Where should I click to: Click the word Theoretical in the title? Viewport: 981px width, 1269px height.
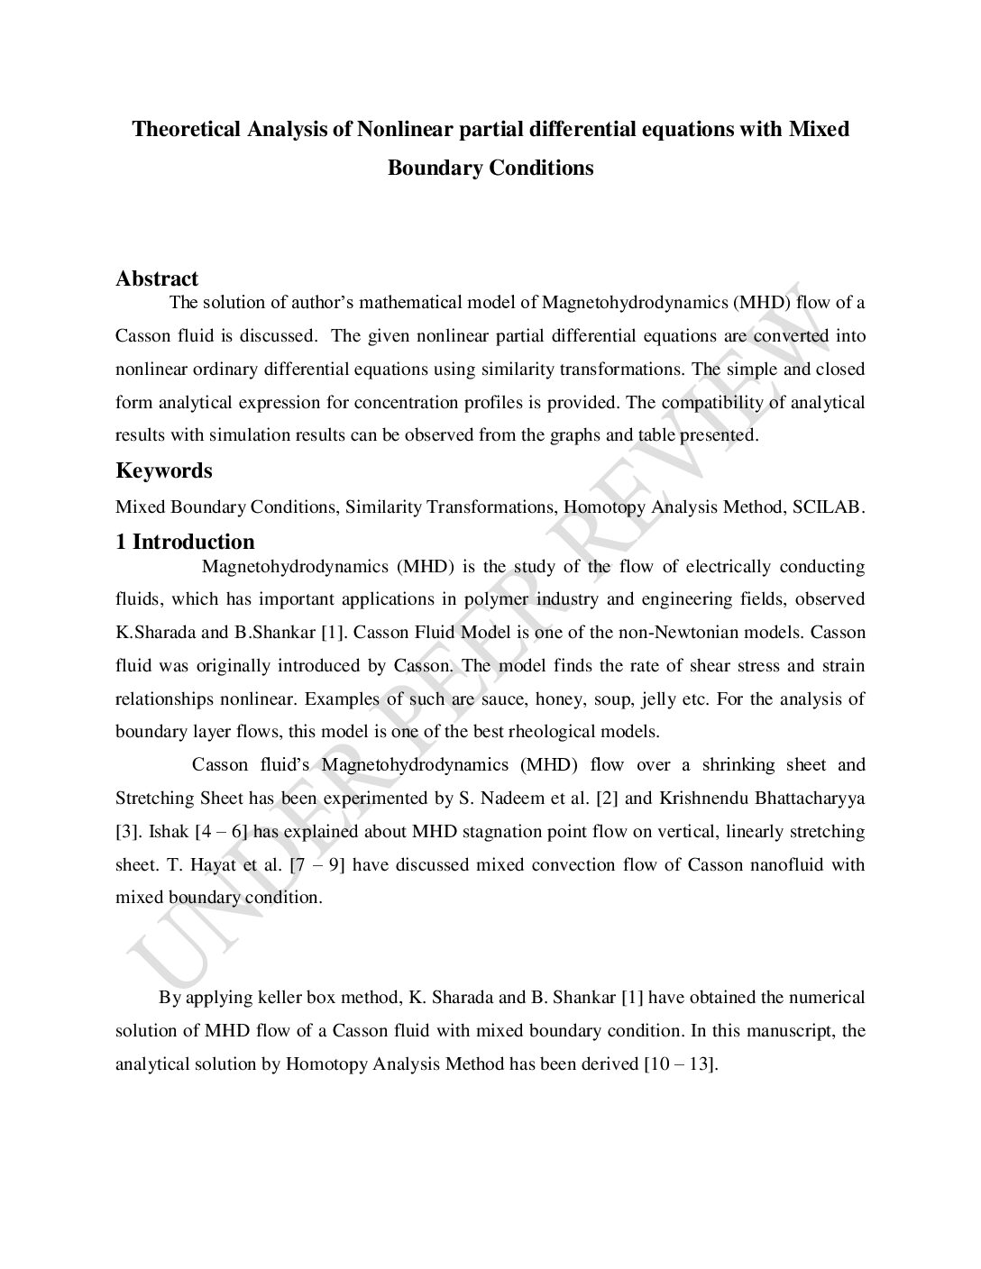point(186,129)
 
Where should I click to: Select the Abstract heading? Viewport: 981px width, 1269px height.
point(157,278)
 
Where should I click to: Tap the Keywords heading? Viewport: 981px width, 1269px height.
point(164,470)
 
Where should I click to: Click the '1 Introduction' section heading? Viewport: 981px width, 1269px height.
point(185,542)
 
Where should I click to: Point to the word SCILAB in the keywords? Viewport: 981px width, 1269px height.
point(827,507)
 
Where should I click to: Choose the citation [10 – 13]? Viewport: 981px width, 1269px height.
point(680,1064)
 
